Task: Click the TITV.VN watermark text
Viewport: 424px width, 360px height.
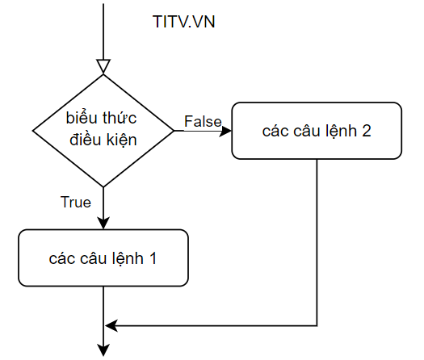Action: coord(184,22)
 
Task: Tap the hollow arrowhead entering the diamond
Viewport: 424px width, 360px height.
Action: coord(103,66)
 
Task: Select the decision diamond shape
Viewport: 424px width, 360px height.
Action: coord(103,131)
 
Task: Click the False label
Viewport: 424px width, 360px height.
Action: coord(203,121)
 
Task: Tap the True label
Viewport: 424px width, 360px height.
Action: coord(76,202)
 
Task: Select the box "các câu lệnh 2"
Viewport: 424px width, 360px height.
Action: coord(317,131)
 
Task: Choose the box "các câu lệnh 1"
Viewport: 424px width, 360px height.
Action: coord(103,257)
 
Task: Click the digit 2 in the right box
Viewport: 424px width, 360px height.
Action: coord(366,131)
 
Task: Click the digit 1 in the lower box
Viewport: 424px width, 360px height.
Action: coord(153,258)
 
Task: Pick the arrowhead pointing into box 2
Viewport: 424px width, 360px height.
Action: coord(225,131)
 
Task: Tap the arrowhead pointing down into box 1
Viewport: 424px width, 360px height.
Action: coord(103,223)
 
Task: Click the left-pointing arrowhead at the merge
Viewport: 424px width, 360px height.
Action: coord(111,325)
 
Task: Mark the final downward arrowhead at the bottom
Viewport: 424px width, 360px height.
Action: coord(103,350)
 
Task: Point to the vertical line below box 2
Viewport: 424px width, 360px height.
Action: coord(317,242)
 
